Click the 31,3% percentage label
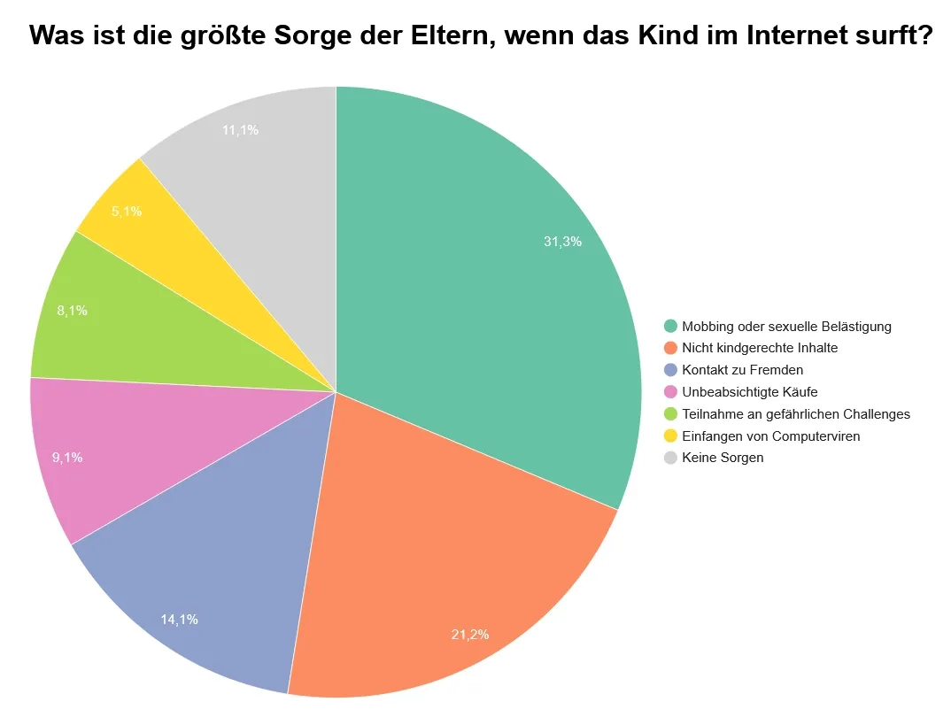point(562,241)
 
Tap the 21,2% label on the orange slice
point(470,634)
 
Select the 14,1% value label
point(180,619)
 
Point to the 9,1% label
point(67,458)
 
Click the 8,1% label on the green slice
point(72,311)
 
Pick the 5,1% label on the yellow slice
point(127,212)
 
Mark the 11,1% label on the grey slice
point(240,130)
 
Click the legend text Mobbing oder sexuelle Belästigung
point(786,327)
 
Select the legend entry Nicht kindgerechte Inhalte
point(760,348)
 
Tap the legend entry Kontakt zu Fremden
point(742,370)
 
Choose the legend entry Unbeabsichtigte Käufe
point(749,391)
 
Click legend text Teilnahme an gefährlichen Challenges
point(796,413)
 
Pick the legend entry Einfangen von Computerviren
point(770,436)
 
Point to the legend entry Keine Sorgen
point(723,458)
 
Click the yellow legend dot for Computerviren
point(670,436)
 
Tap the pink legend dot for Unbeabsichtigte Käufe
point(670,391)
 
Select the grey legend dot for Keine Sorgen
point(670,458)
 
